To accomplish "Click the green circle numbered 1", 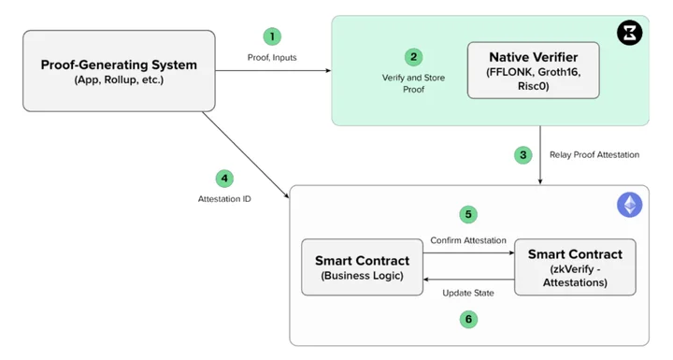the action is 272,36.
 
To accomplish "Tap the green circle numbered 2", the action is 414,57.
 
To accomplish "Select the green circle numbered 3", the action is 523,155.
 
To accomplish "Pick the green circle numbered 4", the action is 224,179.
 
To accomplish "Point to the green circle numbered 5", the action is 468,214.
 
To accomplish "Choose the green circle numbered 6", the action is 468,319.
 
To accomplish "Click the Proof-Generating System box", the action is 119,71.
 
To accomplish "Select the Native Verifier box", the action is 534,70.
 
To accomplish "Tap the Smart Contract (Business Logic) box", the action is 363,267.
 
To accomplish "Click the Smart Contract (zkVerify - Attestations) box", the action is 575,267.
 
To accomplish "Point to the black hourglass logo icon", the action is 630,33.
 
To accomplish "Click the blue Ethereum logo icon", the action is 630,205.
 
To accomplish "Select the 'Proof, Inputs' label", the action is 272,58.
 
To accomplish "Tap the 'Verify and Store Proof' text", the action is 414,83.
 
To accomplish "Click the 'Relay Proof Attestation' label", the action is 594,154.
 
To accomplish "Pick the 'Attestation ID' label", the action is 224,199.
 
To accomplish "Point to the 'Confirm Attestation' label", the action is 468,240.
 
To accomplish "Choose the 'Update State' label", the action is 468,293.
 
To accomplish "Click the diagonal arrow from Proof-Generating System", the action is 246,155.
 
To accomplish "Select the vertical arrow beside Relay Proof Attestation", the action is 540,155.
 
